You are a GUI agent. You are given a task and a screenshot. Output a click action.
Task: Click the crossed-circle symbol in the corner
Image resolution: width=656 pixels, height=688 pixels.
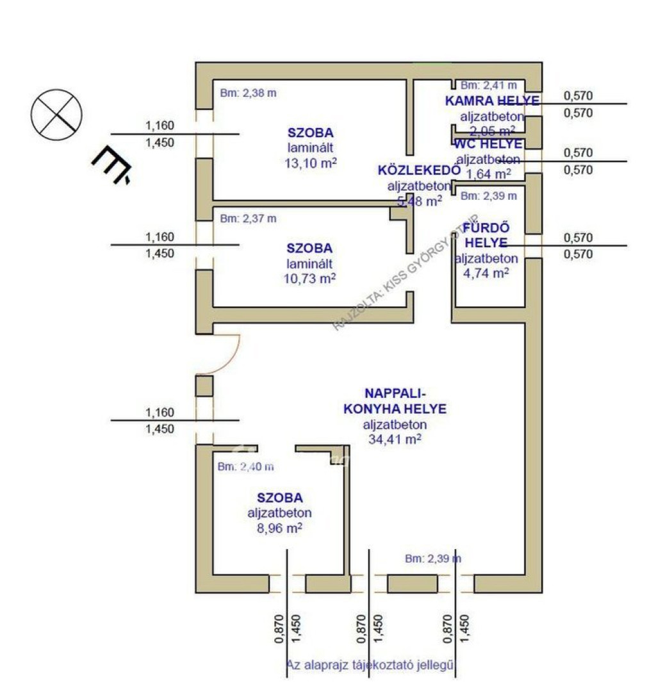pos(57,113)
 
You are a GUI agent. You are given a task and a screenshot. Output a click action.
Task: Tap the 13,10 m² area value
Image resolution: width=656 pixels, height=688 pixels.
pos(310,163)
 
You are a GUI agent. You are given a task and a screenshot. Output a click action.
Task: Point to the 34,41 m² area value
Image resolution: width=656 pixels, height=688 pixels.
pos(395,439)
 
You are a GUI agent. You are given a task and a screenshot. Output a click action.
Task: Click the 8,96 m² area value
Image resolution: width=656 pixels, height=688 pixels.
pos(279,528)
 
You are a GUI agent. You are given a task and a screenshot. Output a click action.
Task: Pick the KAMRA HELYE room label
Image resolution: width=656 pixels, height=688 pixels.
pos(491,101)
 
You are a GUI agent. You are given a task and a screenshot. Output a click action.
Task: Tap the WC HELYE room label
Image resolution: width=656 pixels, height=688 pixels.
pos(488,144)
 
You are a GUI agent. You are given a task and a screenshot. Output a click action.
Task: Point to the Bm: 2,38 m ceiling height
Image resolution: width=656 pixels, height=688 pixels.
pos(248,92)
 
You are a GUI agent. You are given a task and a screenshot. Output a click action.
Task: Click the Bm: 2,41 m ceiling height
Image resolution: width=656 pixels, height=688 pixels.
pos(489,84)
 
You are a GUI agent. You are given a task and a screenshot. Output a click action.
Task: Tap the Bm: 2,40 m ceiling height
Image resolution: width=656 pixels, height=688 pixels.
pos(245,466)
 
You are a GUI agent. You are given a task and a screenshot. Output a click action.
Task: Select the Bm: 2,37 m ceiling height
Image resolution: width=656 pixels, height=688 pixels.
pos(248,218)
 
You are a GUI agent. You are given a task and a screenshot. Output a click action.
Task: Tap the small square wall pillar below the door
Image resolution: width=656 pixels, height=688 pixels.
pos(204,386)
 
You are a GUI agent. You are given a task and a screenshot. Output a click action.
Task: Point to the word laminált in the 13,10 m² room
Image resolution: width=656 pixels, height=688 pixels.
pos(310,148)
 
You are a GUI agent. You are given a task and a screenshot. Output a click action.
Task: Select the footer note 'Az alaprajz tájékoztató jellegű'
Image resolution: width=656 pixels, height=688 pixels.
pos(370,665)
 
